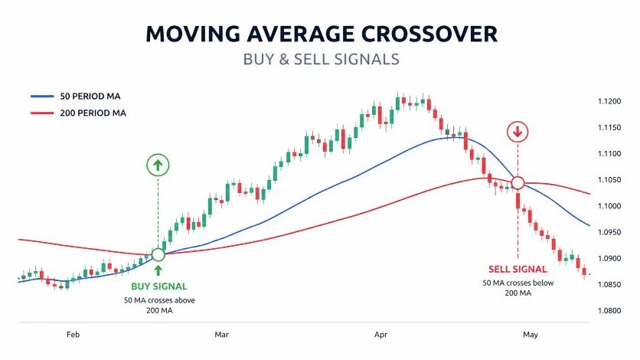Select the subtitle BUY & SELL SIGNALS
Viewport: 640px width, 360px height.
click(x=321, y=59)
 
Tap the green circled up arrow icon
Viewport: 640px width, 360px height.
click(x=158, y=165)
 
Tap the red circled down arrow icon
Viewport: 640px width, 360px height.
click(x=518, y=132)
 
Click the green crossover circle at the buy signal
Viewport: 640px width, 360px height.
click(x=158, y=254)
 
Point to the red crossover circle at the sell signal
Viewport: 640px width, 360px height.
click(x=518, y=183)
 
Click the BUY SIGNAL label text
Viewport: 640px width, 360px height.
click(x=159, y=286)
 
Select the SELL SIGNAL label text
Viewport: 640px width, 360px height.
click(x=518, y=269)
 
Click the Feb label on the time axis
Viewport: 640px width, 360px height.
click(x=73, y=335)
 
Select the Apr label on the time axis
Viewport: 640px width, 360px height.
click(x=381, y=335)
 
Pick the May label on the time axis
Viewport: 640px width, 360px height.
click(x=531, y=335)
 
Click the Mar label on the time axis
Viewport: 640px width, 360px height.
click(x=221, y=335)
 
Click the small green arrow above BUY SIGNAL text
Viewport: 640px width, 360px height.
click(x=158, y=270)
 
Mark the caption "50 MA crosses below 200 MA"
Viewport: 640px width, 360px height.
click(x=518, y=289)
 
